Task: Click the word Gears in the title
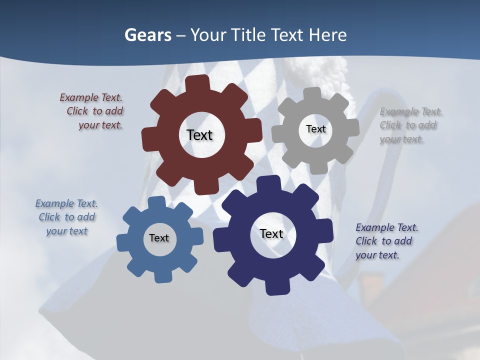click(147, 35)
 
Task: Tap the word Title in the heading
click(250, 35)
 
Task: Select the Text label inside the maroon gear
click(199, 135)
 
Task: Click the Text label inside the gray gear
click(315, 129)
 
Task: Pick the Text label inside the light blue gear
click(159, 238)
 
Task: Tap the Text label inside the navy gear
click(271, 233)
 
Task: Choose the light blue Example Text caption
click(67, 217)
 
